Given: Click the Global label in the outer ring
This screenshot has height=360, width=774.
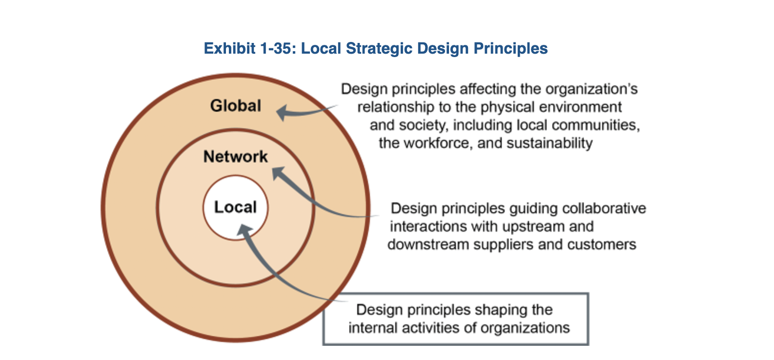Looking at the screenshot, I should tap(236, 106).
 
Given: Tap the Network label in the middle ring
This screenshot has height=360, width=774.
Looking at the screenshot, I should tap(236, 157).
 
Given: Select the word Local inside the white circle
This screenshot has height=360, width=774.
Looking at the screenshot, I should tap(235, 207).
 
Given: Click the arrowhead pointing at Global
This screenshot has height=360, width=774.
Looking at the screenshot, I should tap(282, 113).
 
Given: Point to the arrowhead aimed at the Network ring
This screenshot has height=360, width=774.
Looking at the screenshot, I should tap(278, 173).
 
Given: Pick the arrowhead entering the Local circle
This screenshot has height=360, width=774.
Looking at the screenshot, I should tap(244, 230).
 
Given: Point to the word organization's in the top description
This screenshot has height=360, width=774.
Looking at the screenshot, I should tap(591, 89).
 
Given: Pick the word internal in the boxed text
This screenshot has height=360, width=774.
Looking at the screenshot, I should tap(373, 328).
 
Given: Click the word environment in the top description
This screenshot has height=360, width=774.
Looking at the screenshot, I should tap(580, 107).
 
